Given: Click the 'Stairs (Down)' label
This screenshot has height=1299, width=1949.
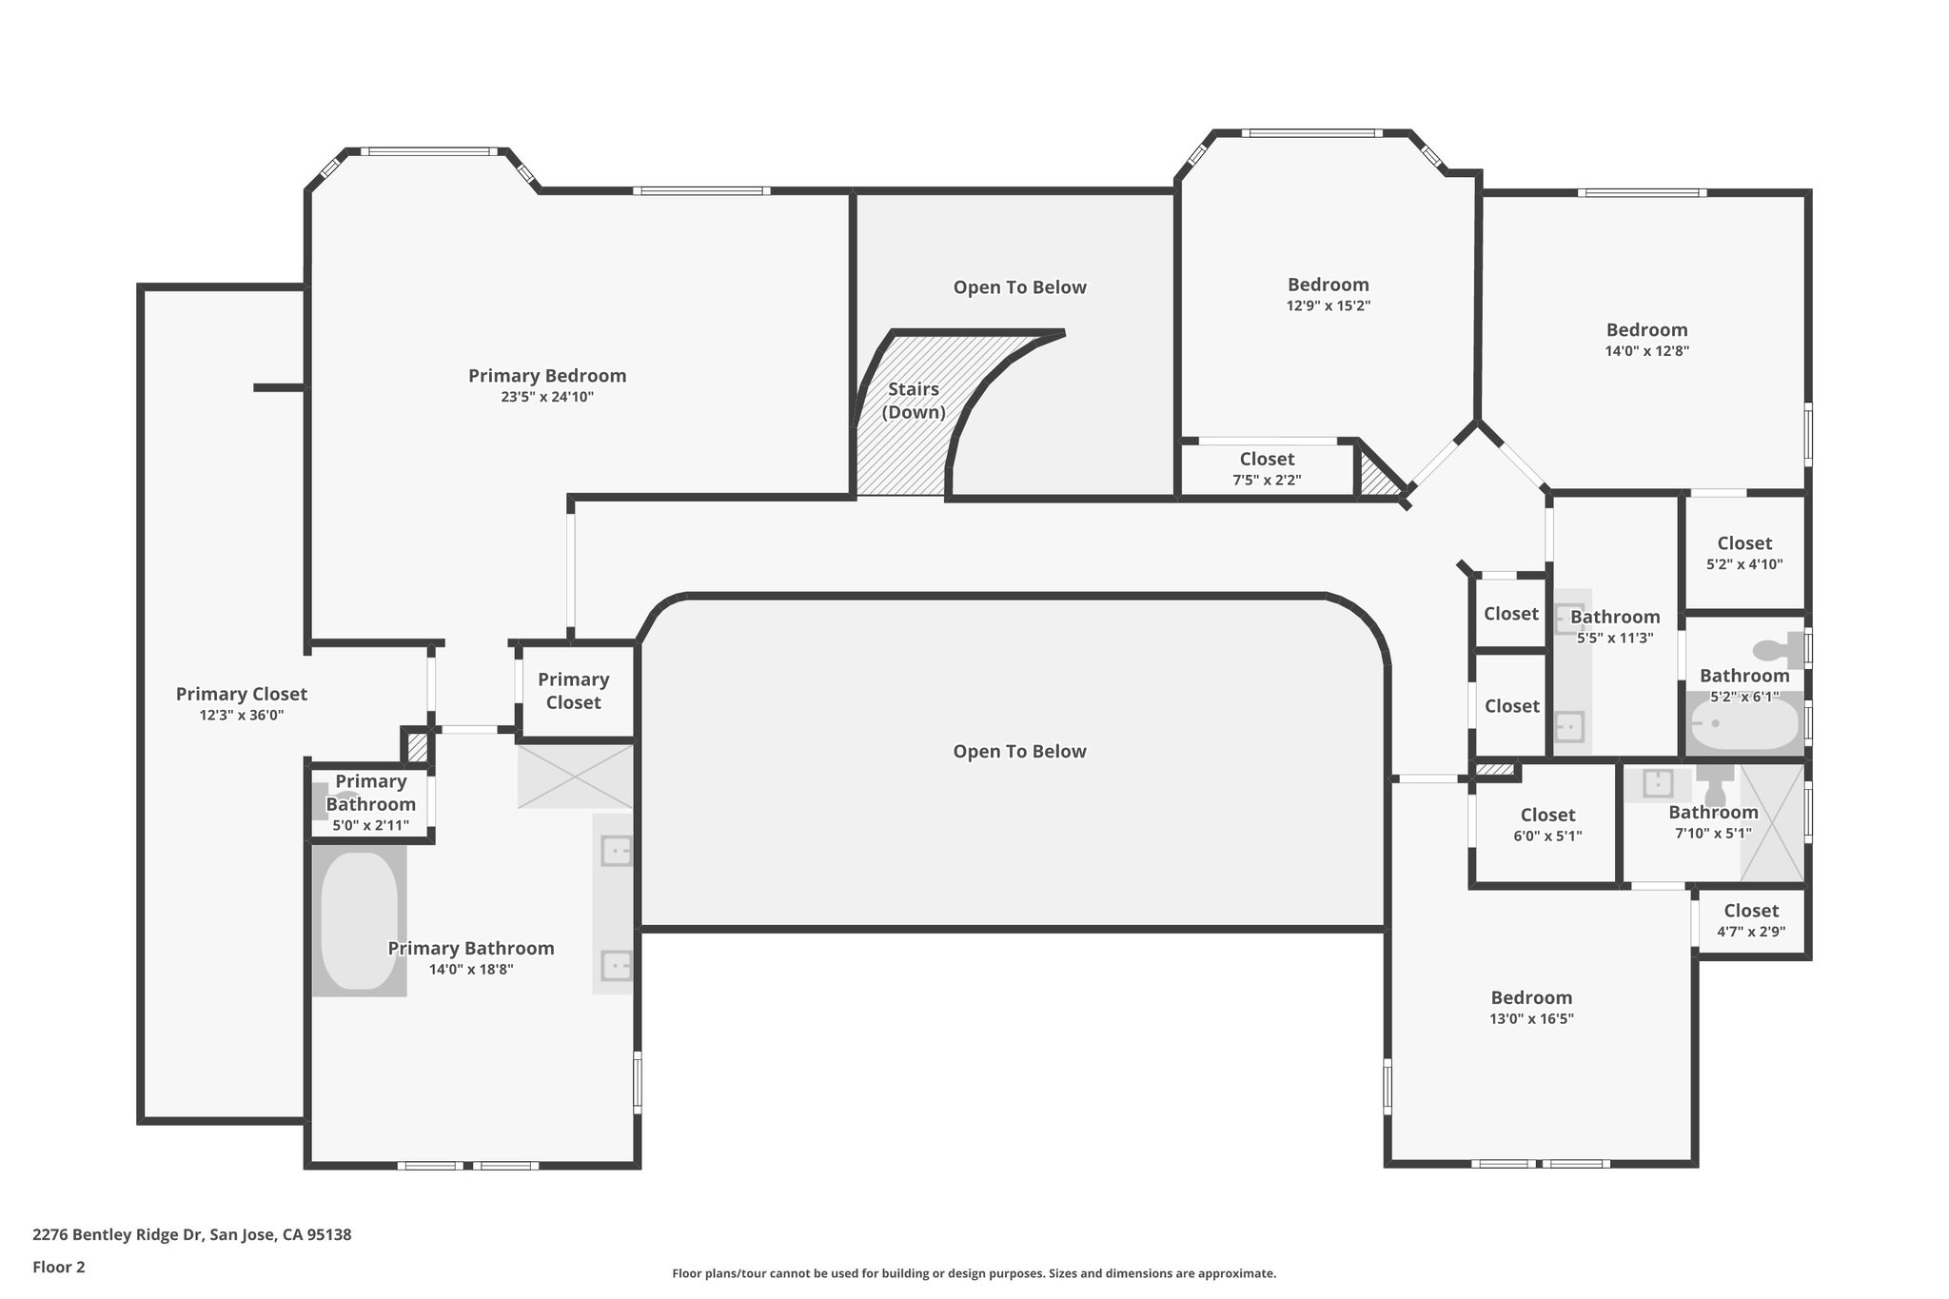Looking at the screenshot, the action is [x=914, y=401].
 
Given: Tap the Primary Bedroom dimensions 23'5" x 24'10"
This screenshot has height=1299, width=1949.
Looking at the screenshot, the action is [x=547, y=397].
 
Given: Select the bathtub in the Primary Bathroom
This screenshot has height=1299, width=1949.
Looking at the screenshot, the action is [x=359, y=921].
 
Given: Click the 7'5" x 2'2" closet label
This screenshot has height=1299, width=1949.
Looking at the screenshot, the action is [x=1267, y=481].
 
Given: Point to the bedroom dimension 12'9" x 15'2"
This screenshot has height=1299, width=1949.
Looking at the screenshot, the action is [x=1329, y=305].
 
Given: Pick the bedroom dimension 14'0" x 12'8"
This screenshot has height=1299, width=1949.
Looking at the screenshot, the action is [x=1647, y=350].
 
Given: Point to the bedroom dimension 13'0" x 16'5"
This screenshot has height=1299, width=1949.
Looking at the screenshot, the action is [x=1532, y=1018].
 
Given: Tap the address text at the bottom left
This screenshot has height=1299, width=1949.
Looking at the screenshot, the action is [x=192, y=1235].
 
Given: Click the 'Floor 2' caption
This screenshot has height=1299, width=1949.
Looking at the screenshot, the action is [x=59, y=1267].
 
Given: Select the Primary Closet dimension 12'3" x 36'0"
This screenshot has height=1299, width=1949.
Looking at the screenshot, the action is [x=242, y=716].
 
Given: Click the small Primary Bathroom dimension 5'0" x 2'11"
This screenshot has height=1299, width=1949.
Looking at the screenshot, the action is [x=371, y=825].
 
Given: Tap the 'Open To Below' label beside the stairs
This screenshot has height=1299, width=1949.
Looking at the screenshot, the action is [x=1020, y=287].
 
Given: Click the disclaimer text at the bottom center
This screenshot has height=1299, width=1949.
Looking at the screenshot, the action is [x=974, y=1273].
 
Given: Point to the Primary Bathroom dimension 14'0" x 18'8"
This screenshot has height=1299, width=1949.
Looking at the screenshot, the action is [x=471, y=970].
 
